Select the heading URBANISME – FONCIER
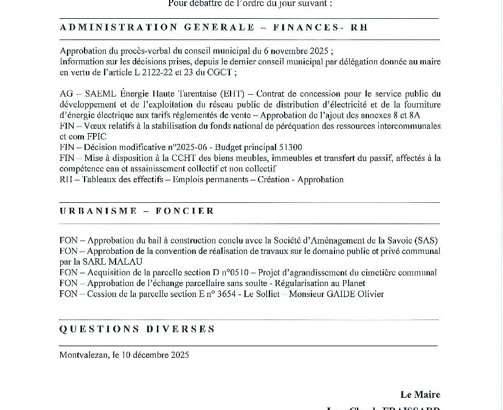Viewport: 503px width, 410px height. (137, 211)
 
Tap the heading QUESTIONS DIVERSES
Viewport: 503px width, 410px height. (137, 329)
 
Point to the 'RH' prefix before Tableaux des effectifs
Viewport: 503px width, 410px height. (66, 179)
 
